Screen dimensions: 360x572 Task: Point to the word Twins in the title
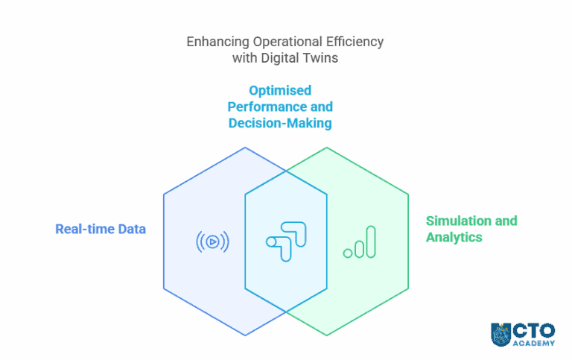click(x=322, y=58)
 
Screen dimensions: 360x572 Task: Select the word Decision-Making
click(x=280, y=123)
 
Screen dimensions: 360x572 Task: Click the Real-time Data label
click(x=101, y=229)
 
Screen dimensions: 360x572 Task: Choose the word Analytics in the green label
click(x=454, y=238)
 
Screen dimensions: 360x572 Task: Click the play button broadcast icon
click(x=212, y=241)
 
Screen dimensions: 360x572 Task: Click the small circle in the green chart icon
click(x=348, y=253)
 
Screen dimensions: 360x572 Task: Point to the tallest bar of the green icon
click(x=371, y=241)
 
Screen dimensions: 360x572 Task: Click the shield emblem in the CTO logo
click(x=500, y=334)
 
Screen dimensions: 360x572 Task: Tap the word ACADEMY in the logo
click(x=534, y=344)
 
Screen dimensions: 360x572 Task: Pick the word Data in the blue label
click(x=132, y=229)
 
